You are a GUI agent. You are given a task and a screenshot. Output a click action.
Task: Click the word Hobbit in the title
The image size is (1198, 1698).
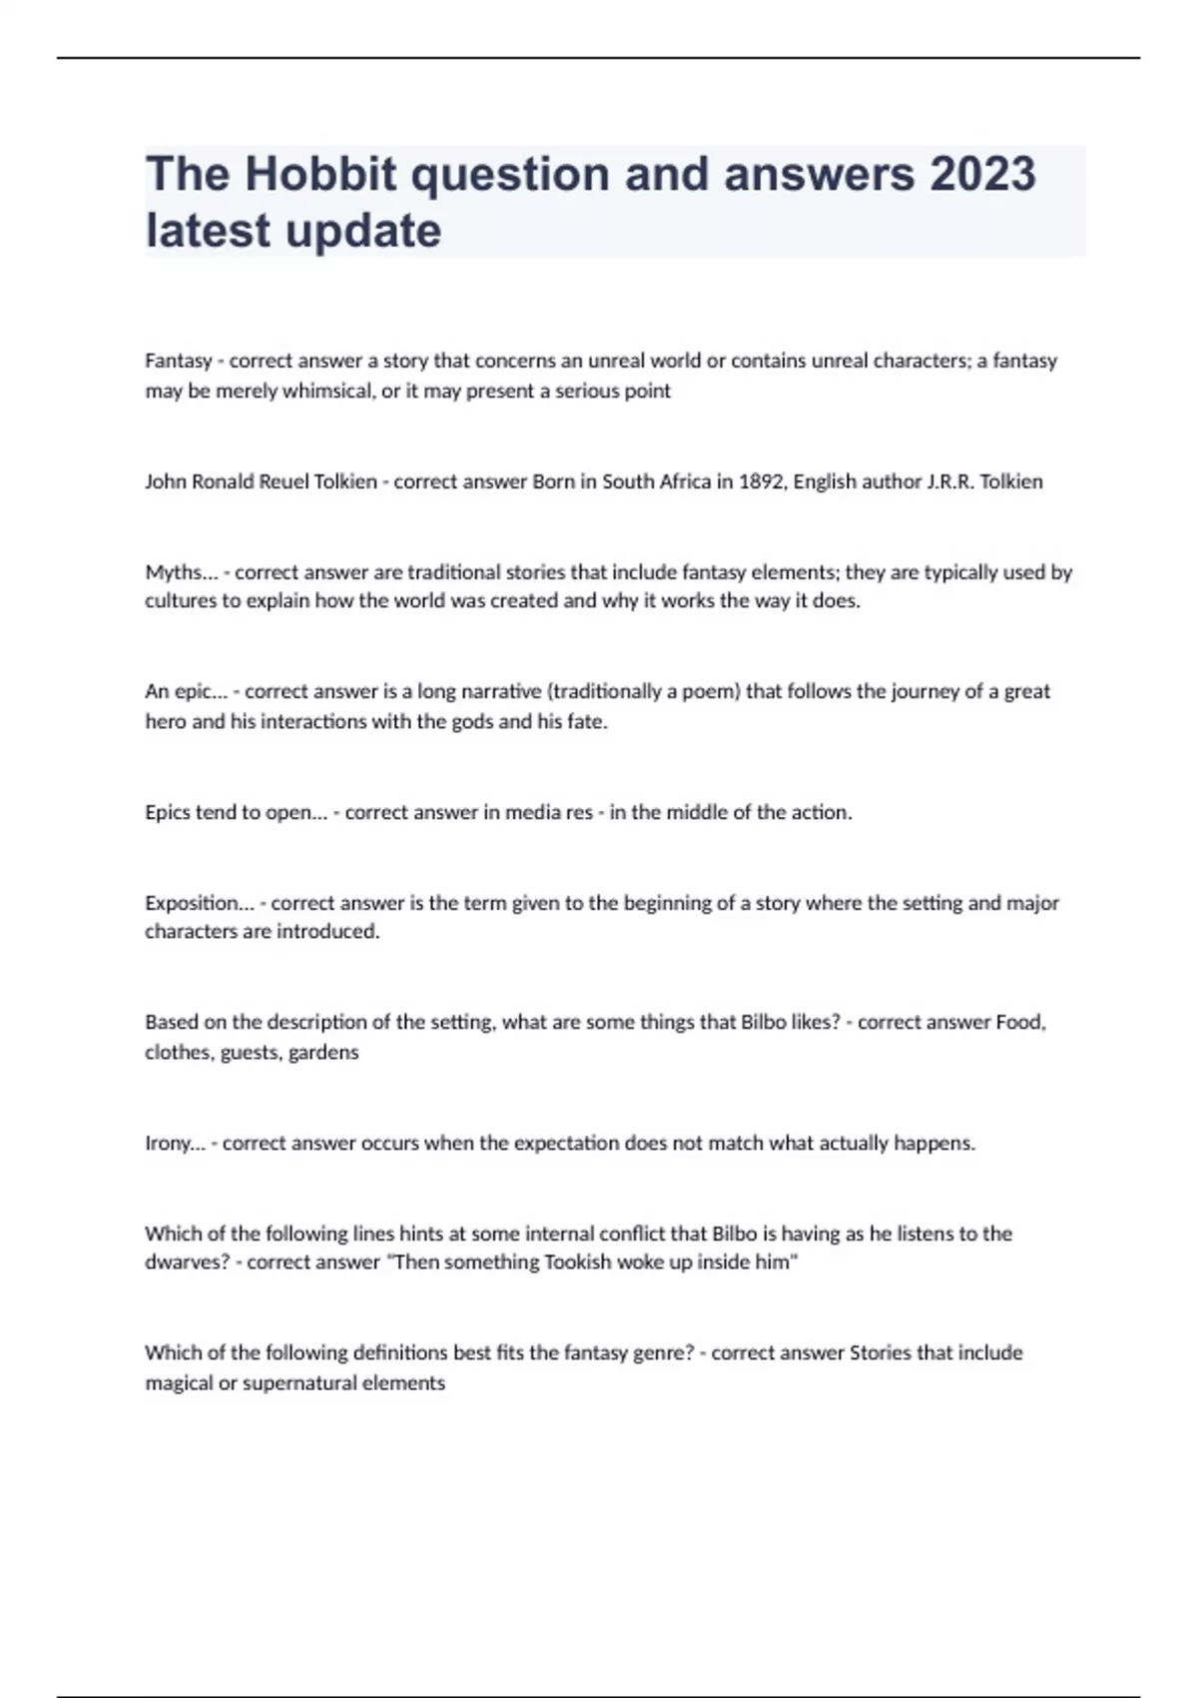320,175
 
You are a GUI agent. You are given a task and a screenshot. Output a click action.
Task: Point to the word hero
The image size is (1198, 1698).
165,721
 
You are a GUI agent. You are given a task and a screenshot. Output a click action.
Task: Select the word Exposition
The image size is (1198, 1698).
192,903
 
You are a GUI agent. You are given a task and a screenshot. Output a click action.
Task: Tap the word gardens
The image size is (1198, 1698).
323,1052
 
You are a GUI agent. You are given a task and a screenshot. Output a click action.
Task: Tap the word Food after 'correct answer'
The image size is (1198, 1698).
1019,1022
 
